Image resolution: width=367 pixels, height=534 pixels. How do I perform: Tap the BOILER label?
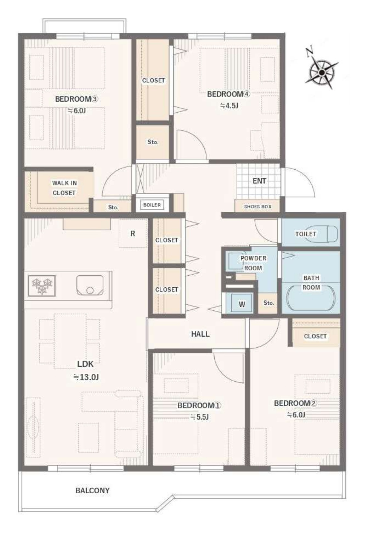[152, 205]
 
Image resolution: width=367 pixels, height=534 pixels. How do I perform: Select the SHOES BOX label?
[258, 207]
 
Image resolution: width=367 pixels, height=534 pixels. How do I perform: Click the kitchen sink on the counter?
[90, 285]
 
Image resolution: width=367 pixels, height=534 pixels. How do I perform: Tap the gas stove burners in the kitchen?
[42, 285]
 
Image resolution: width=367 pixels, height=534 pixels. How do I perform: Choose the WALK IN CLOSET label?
[64, 188]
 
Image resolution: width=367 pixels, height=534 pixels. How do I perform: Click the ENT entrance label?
[259, 181]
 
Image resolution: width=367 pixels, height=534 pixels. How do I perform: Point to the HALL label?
[200, 334]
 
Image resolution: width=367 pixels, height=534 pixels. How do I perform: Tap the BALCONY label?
[92, 490]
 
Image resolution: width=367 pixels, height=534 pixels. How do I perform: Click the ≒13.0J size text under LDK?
[86, 377]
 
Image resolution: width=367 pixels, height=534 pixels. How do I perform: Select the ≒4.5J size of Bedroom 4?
[229, 105]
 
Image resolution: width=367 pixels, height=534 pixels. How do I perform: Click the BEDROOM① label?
[199, 405]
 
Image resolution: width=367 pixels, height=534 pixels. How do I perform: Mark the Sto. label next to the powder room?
[269, 303]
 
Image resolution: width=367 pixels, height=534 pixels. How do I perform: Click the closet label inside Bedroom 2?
[315, 336]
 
